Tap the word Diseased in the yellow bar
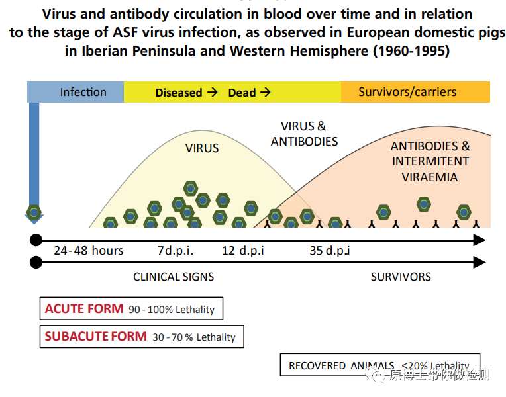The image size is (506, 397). click(x=179, y=93)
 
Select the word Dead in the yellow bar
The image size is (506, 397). click(x=242, y=93)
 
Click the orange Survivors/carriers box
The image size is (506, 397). click(x=415, y=92)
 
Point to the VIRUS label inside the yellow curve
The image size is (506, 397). click(x=202, y=148)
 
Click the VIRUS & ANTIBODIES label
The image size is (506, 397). click(x=304, y=134)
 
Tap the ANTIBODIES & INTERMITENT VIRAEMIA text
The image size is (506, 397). click(x=430, y=161)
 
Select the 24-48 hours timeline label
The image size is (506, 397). click(x=88, y=251)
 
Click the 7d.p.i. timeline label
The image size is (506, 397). click(x=175, y=251)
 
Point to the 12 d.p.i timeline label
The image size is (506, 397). click(x=242, y=251)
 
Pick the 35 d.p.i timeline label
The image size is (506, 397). click(x=329, y=251)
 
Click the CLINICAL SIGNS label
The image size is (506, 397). click(x=174, y=277)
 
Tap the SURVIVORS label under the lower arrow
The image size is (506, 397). click(x=401, y=277)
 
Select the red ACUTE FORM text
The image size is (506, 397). click(x=84, y=308)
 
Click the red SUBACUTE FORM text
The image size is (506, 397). click(x=95, y=336)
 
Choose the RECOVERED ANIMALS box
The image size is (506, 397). click(x=379, y=365)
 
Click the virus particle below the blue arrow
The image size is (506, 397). click(x=34, y=212)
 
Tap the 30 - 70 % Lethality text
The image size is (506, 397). click(x=194, y=337)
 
